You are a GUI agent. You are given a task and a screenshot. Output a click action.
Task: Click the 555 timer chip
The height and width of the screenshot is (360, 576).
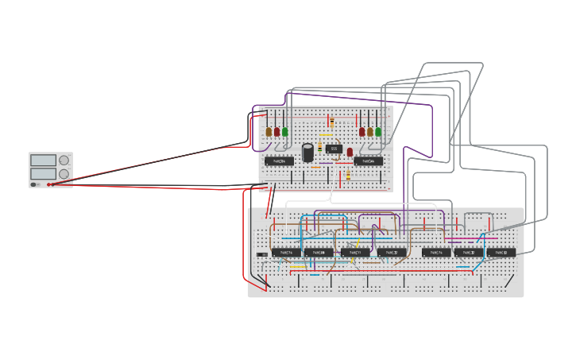pos(334,149)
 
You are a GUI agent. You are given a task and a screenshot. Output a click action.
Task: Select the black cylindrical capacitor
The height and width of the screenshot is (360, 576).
pos(307,152)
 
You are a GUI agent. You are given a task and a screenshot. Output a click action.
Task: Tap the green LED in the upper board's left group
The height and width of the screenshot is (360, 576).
pos(285,132)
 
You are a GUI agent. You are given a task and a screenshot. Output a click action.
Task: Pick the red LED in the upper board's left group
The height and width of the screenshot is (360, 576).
pos(277,132)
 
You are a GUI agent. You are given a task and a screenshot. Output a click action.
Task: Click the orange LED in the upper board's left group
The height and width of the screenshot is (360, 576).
pos(269,132)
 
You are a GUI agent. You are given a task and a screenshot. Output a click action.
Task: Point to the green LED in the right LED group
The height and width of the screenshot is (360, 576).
pos(378,132)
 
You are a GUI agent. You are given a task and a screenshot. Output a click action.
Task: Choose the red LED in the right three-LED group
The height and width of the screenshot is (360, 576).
pos(361,132)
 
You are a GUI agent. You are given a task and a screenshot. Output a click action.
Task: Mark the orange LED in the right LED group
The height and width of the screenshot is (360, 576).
pos(370,132)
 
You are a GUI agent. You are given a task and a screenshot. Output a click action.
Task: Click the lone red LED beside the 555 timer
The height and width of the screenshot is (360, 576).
pos(350,152)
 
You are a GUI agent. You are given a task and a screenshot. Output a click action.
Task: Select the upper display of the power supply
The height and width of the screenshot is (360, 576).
pos(43,161)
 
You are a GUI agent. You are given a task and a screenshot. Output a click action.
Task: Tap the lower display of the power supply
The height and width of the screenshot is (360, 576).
pos(43,173)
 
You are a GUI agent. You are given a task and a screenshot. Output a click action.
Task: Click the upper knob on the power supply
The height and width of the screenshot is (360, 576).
pos(64,161)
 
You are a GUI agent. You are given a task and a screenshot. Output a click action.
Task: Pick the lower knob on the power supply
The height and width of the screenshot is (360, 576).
pos(64,173)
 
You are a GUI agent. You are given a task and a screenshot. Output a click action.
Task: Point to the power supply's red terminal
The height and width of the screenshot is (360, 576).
pos(49,184)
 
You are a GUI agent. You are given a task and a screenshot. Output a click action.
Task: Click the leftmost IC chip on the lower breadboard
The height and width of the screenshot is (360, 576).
pos(286,253)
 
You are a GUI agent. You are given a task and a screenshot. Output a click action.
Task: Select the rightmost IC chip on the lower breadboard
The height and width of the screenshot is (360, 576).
pos(501,253)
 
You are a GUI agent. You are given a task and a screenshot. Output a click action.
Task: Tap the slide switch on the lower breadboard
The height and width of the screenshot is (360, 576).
pos(262,254)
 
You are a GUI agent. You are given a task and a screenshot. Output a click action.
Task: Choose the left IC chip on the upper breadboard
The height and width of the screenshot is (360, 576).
pos(279,161)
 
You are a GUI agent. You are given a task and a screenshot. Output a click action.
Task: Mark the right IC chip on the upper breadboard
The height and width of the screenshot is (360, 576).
pos(369,161)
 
